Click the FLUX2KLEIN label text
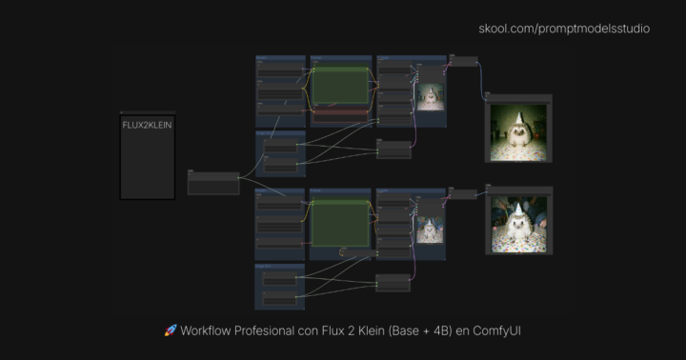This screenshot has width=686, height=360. point(148,125)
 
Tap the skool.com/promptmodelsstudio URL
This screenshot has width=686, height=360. point(564,29)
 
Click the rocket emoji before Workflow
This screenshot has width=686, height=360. point(171,330)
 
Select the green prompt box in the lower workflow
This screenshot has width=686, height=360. point(340,223)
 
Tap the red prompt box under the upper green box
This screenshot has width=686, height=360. point(340,112)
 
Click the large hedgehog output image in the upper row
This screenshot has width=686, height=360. point(519,132)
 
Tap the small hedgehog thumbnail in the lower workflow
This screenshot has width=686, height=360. point(429,227)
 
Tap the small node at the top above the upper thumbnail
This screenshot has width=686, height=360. point(464,61)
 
